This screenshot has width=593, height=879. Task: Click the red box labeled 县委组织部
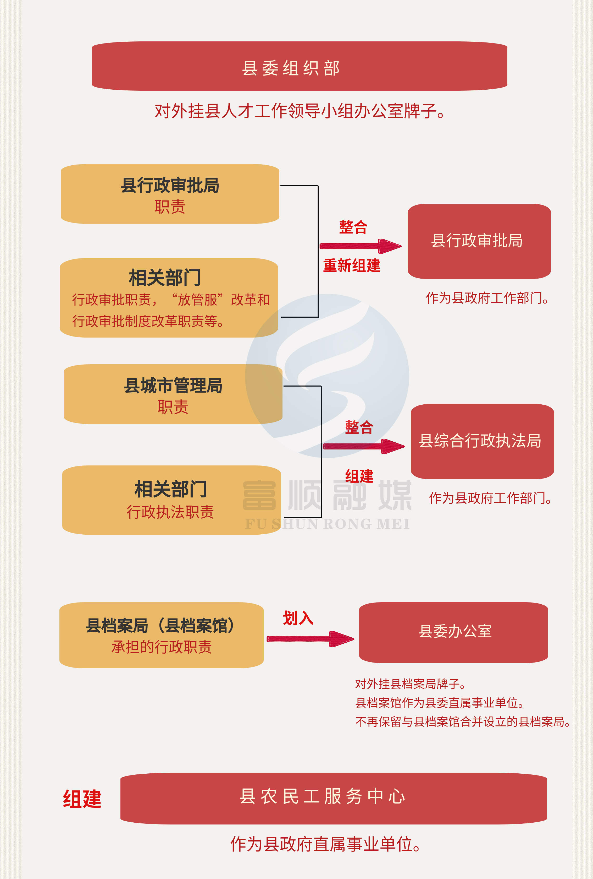(299, 67)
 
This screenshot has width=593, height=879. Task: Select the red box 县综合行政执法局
(482, 441)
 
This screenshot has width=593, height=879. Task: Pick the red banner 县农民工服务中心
(333, 797)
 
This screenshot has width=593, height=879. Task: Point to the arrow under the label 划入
(310, 639)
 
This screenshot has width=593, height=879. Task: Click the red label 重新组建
(352, 265)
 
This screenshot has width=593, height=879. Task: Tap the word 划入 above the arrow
(298, 618)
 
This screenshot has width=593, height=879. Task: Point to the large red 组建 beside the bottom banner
(82, 799)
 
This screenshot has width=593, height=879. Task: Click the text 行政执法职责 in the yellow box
(170, 512)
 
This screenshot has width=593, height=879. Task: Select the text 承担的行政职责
(161, 647)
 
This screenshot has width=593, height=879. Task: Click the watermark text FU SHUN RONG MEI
(327, 524)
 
